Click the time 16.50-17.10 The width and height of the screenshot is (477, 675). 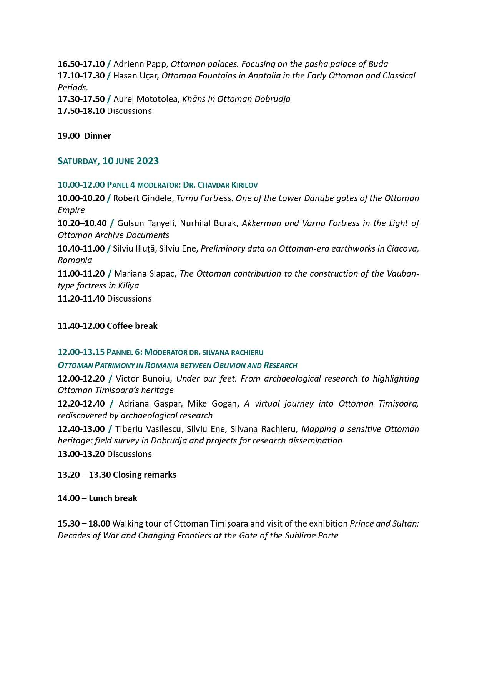pos(81,64)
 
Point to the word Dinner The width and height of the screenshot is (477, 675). pos(98,136)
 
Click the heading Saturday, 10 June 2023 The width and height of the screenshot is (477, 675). pos(108,161)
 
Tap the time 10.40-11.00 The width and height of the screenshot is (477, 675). pos(81,248)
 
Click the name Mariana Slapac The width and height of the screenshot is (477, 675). pos(145,273)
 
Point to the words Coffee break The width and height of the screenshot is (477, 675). pos(132,326)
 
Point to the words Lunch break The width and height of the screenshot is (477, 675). pos(113,498)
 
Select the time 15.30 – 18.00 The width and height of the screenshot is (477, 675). pos(84,523)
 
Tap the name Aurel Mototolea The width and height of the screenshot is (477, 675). pos(146,99)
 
